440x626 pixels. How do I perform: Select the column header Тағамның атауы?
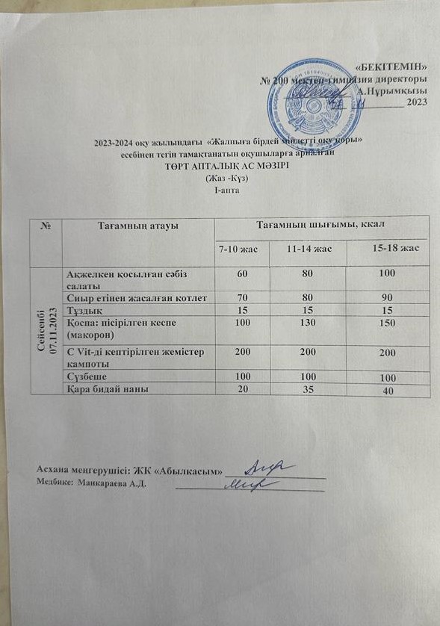137,223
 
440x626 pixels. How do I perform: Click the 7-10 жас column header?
238,248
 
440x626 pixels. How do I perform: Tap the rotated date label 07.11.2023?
54,331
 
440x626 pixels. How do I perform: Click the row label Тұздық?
81,309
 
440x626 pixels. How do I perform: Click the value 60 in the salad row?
242,273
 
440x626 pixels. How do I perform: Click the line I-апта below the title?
226,189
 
